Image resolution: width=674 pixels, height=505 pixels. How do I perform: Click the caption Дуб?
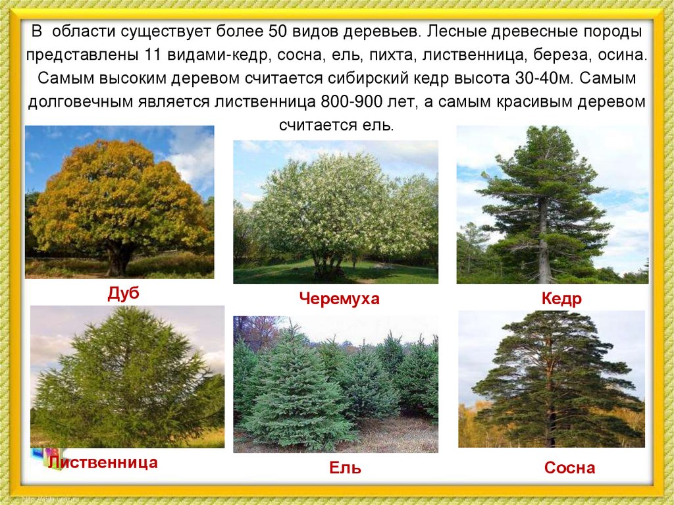pos(123,294)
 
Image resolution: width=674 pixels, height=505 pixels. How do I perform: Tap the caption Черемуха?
pos(339,299)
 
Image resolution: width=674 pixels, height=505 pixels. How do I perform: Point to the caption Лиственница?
pos(103,462)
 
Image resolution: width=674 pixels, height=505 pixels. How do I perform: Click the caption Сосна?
pos(569,468)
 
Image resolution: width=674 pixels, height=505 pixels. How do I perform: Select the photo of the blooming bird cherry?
pos(335,211)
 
